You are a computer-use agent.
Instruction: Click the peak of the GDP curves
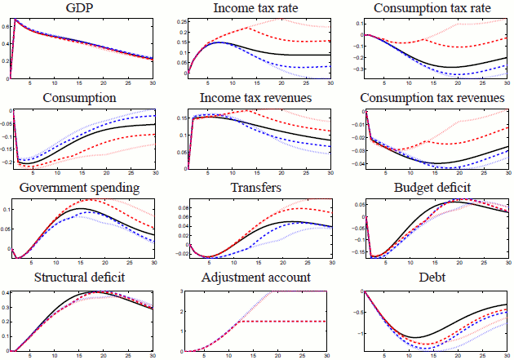point(16,20)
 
